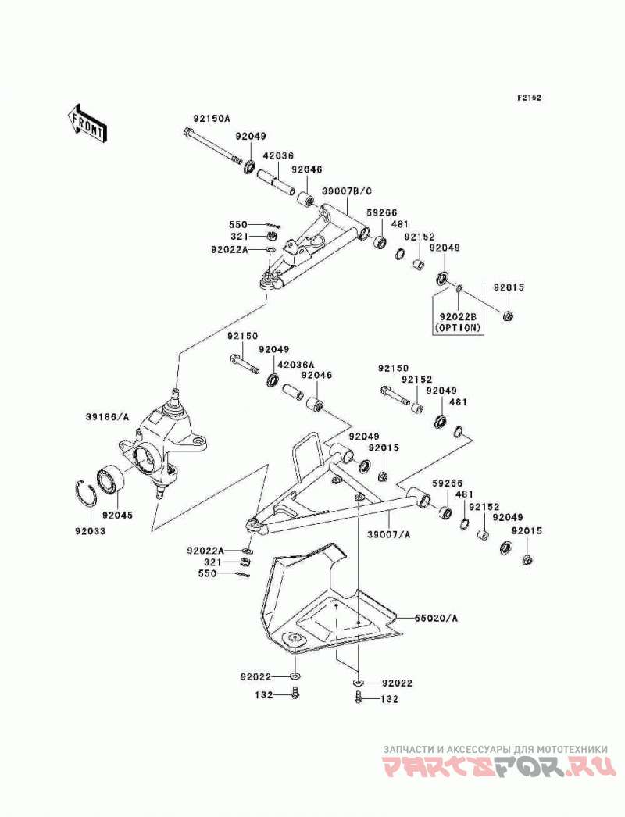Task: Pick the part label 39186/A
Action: pyautogui.click(x=107, y=417)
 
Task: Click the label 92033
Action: pyautogui.click(x=90, y=531)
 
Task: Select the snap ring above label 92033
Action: pyautogui.click(x=84, y=492)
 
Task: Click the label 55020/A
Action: pyautogui.click(x=436, y=618)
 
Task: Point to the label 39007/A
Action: pyautogui.click(x=390, y=534)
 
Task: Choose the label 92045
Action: pyautogui.click(x=117, y=515)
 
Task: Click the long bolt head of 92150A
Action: pyautogui.click(x=188, y=133)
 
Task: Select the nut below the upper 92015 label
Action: pyautogui.click(x=507, y=315)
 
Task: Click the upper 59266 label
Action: pyautogui.click(x=381, y=212)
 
